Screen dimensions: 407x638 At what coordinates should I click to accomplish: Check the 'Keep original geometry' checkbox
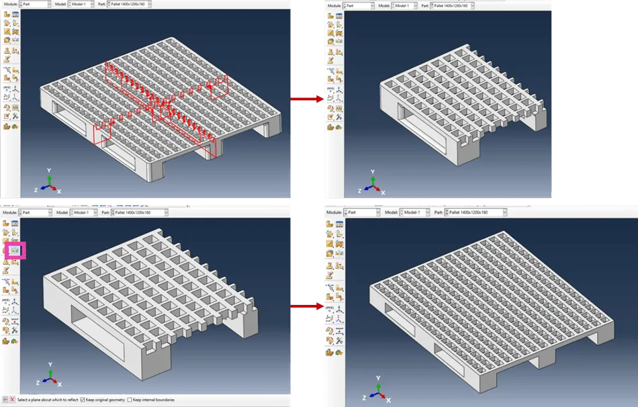click(82, 400)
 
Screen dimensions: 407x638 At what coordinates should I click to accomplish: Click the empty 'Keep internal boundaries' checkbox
click(130, 400)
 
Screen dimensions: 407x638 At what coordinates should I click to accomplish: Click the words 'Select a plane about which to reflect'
click(48, 400)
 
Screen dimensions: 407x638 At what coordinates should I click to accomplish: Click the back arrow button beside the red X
click(5, 400)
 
